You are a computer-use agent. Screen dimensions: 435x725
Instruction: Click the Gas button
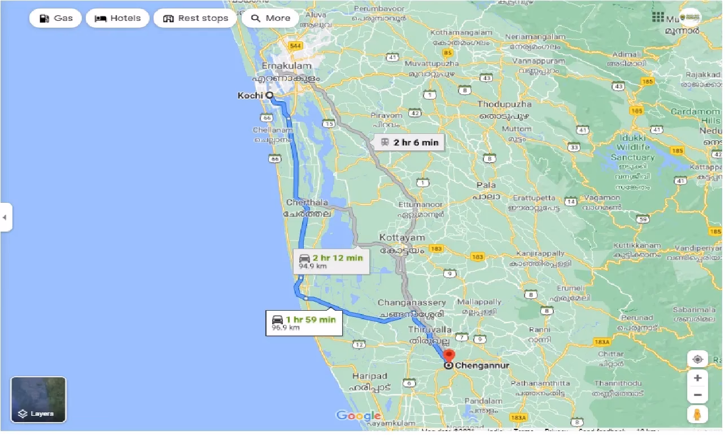pyautogui.click(x=55, y=18)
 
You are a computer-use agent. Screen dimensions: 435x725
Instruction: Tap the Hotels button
pyautogui.click(x=117, y=18)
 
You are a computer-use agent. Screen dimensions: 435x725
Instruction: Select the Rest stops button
pyautogui.click(x=195, y=18)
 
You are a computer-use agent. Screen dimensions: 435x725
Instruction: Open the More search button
pyautogui.click(x=270, y=18)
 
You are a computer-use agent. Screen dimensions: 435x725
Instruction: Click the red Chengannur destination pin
pyautogui.click(x=449, y=356)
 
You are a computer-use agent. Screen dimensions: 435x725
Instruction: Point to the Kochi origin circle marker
pyautogui.click(x=269, y=95)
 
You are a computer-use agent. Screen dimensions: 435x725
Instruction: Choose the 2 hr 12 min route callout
pyautogui.click(x=331, y=262)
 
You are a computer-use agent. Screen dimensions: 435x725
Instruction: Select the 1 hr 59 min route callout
pyautogui.click(x=304, y=323)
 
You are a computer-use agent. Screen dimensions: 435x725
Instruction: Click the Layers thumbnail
pyautogui.click(x=38, y=399)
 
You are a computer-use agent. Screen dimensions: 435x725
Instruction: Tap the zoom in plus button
pyautogui.click(x=698, y=378)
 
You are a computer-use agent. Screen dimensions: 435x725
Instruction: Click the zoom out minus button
pyautogui.click(x=698, y=395)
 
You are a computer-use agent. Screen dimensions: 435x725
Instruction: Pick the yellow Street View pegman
pyautogui.click(x=698, y=414)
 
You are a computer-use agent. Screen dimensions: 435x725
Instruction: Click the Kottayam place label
pyautogui.click(x=401, y=238)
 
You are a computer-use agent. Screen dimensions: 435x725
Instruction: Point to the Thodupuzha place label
pyautogui.click(x=504, y=105)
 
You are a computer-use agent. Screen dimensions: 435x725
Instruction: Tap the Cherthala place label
pyautogui.click(x=307, y=202)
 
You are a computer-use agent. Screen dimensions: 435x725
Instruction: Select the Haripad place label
pyautogui.click(x=369, y=376)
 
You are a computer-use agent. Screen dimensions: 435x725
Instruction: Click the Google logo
pyautogui.click(x=359, y=416)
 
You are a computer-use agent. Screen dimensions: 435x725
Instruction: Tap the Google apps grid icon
pyautogui.click(x=658, y=17)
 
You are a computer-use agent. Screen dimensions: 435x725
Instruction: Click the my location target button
pyautogui.click(x=698, y=359)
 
